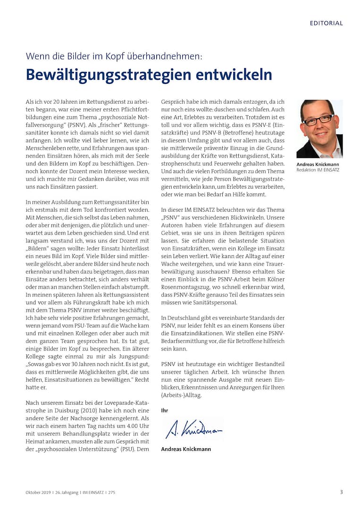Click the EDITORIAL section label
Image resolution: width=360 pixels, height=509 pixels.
(326, 23)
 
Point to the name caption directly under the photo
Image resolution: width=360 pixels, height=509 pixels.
(318, 164)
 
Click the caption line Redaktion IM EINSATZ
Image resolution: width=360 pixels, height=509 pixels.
(318, 170)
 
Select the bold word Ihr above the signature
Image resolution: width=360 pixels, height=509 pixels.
(165, 410)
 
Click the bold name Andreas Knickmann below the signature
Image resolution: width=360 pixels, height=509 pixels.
(186, 449)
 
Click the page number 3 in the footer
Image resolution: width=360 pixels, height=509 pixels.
(341, 492)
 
